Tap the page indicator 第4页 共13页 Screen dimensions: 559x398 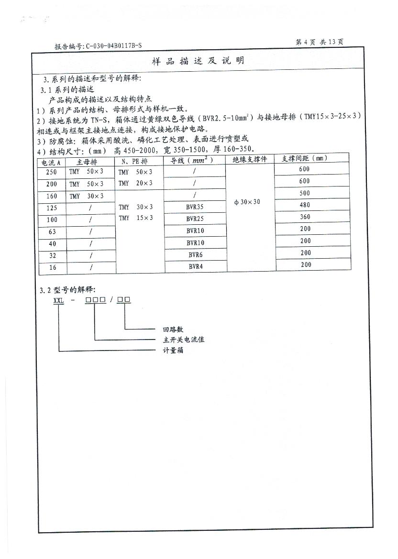tap(320, 42)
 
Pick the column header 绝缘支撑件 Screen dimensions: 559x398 tap(250, 159)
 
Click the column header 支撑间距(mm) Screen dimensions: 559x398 tap(305, 159)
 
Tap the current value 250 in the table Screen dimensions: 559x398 tap(52, 172)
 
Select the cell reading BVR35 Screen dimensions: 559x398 tap(195, 208)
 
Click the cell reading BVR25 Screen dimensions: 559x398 tap(195, 219)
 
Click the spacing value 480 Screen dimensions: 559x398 tap(305, 205)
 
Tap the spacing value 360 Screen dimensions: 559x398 tap(305, 217)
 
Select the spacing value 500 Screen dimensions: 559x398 tap(305, 193)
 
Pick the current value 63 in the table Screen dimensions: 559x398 tap(52, 231)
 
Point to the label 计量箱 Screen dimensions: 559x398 tap(173, 351)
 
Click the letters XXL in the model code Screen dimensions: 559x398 tap(58, 300)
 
